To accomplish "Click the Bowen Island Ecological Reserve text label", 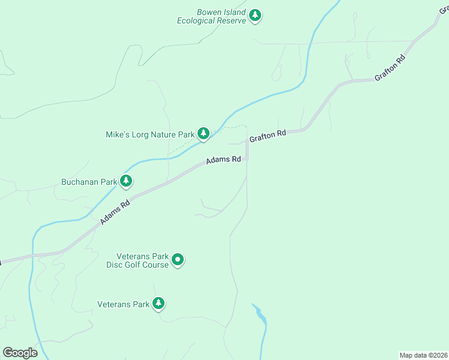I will [x=211, y=16].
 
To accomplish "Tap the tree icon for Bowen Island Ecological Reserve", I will [x=255, y=15].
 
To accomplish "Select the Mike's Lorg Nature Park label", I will [x=150, y=134].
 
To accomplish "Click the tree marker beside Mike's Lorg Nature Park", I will [x=203, y=133].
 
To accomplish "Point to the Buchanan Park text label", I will [x=88, y=182].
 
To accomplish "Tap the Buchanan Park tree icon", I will [x=125, y=180].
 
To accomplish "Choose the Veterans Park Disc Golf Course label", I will [x=137, y=260].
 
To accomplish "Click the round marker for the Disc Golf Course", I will [x=178, y=260].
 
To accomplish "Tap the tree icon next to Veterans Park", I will [x=158, y=303].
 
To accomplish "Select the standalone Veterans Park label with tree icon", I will [x=123, y=304].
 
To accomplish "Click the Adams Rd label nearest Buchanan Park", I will [x=115, y=212].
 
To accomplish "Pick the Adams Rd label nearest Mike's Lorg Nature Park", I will [x=223, y=160].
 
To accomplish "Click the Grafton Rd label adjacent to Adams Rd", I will [x=267, y=136].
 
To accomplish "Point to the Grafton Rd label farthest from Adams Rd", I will [x=390, y=68].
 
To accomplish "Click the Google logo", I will [x=20, y=353].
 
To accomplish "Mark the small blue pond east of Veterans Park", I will [x=259, y=313].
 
